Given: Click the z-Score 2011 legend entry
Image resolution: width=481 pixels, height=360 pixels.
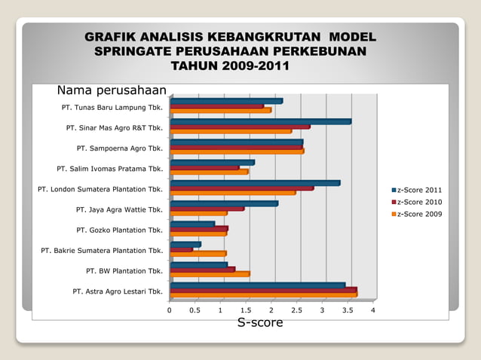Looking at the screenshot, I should pyautogui.click(x=420, y=189).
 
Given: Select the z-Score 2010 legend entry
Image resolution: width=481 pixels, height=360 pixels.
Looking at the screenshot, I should pyautogui.click(x=420, y=202).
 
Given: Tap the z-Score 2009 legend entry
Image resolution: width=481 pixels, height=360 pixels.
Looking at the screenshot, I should pyautogui.click(x=420, y=215).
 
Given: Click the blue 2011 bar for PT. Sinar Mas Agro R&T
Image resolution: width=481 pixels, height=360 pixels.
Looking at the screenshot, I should pyautogui.click(x=260, y=121).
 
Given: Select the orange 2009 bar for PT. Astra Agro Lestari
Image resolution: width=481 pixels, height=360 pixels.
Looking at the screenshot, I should pyautogui.click(x=263, y=294).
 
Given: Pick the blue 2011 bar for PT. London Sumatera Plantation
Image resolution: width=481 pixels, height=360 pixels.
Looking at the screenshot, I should pyautogui.click(x=255, y=183).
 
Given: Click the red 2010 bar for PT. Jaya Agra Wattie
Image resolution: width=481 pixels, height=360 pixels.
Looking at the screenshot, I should pyautogui.click(x=207, y=209).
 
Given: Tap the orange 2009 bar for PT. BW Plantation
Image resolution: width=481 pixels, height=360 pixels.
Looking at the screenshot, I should pyautogui.click(x=210, y=274).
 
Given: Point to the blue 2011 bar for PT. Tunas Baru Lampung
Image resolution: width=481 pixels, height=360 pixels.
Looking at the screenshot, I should pyautogui.click(x=226, y=101).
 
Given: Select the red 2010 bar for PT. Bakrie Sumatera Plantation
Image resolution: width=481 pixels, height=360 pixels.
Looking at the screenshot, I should pyautogui.click(x=181, y=249).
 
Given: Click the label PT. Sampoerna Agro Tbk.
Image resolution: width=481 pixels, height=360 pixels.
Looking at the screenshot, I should pyautogui.click(x=120, y=148).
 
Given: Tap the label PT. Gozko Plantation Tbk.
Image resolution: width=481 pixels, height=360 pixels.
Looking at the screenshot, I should pyautogui.click(x=119, y=230).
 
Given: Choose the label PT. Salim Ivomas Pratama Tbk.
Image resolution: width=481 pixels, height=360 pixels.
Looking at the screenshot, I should pyautogui.click(x=110, y=169).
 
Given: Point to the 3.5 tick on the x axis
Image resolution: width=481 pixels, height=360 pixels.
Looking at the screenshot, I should pyautogui.click(x=348, y=310).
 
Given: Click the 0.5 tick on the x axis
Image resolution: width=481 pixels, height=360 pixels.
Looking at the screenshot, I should pyautogui.click(x=195, y=310).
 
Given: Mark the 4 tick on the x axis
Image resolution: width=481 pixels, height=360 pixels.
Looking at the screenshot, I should pyautogui.click(x=373, y=310).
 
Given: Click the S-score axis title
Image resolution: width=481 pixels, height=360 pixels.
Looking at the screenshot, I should pyautogui.click(x=260, y=323).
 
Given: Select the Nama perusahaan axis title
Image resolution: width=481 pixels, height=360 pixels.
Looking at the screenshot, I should pyautogui.click(x=111, y=90).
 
